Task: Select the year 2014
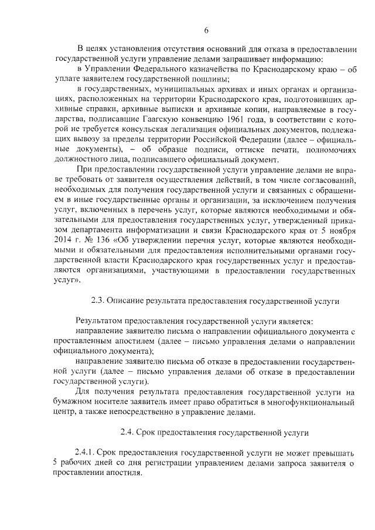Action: pos(64,239)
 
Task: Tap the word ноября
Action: pos(339,229)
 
